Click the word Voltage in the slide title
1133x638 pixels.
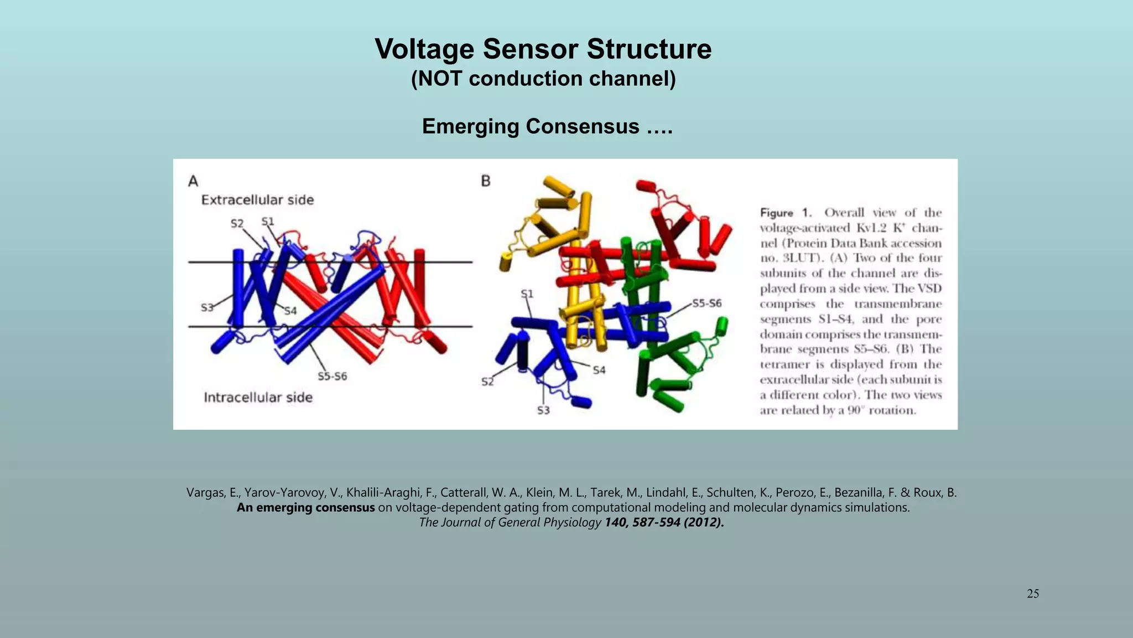click(x=424, y=49)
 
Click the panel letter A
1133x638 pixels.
click(x=193, y=181)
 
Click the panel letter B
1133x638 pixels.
click(x=486, y=181)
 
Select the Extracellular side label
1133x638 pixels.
click(x=257, y=200)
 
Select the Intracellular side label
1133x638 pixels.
click(x=258, y=398)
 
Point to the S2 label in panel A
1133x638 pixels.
click(x=237, y=224)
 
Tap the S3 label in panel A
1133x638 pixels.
click(x=207, y=307)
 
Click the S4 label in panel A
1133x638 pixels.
click(x=290, y=311)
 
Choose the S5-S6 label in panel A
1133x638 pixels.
click(x=332, y=377)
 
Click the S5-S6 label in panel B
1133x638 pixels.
click(x=707, y=303)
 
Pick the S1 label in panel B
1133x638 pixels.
click(x=527, y=294)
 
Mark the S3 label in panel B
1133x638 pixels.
click(x=543, y=410)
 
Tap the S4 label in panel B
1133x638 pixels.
click(x=599, y=370)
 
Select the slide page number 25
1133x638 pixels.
click(x=1032, y=594)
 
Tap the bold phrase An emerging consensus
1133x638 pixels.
click(x=305, y=508)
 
